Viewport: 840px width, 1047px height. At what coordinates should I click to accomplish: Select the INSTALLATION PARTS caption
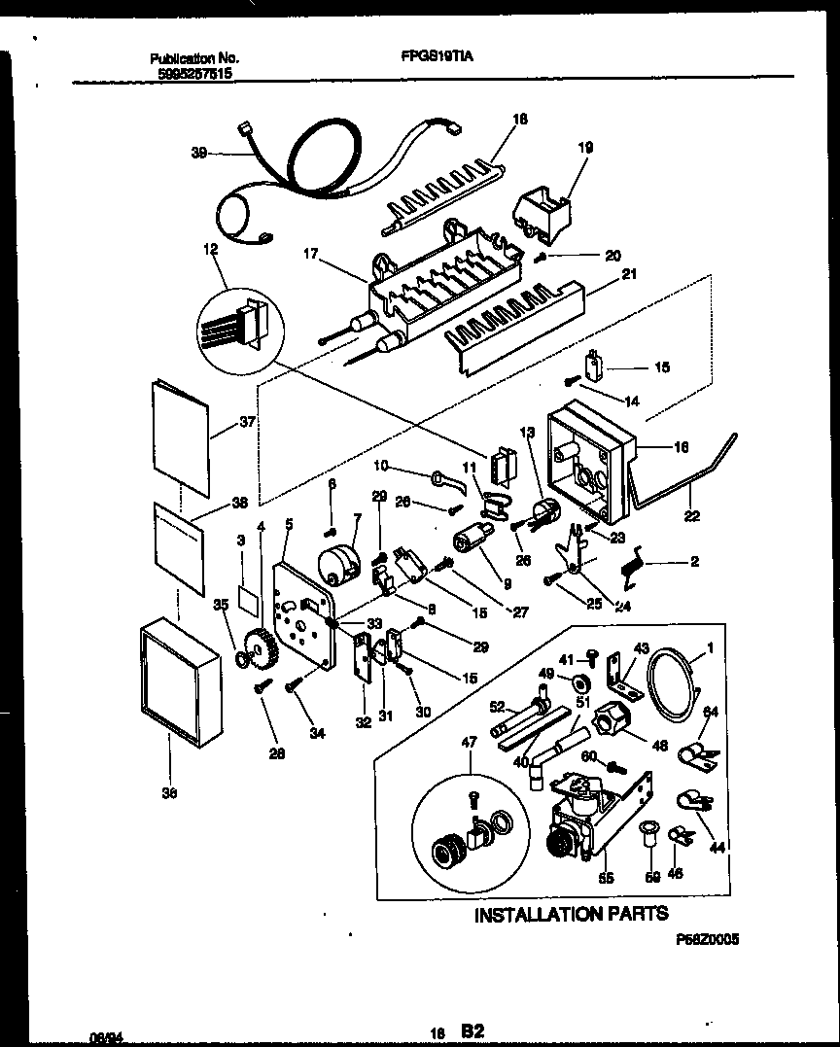[571, 914]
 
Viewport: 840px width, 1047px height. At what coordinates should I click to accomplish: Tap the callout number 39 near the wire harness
[199, 153]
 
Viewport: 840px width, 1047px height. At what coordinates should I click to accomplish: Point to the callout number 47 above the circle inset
[471, 742]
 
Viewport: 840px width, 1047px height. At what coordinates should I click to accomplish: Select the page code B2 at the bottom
[472, 1030]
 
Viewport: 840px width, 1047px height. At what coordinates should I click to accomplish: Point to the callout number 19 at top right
[585, 149]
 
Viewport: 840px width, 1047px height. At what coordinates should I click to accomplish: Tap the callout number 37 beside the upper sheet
[220, 423]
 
